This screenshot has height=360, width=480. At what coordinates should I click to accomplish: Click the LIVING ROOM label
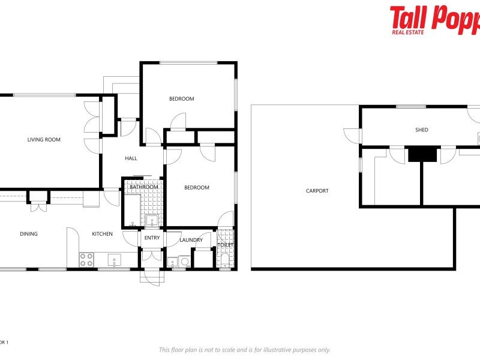[44, 140]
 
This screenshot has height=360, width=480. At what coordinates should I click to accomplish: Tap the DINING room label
[29, 234]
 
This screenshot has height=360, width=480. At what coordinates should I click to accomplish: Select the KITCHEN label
[102, 234]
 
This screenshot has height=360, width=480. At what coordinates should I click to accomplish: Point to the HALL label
[131, 159]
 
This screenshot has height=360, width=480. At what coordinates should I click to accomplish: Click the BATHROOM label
[144, 187]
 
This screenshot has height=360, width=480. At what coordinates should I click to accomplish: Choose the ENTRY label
[152, 238]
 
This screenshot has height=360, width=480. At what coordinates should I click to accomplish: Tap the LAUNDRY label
[191, 241]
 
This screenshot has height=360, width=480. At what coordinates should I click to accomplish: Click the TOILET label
[225, 245]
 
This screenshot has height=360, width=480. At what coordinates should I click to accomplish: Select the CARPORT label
[317, 191]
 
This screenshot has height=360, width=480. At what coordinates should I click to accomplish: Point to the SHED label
[422, 130]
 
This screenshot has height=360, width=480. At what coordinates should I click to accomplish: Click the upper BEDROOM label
[181, 99]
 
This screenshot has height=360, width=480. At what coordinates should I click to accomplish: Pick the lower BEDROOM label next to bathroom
[196, 188]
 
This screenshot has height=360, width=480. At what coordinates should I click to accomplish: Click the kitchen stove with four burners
[86, 260]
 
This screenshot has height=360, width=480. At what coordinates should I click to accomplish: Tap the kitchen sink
[113, 260]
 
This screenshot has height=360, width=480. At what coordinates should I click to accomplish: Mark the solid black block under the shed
[422, 154]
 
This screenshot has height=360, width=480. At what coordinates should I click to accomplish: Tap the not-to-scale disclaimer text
[244, 350]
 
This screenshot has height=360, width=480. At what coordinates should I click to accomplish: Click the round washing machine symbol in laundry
[184, 262]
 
